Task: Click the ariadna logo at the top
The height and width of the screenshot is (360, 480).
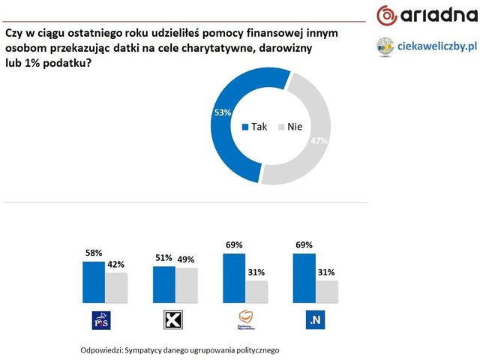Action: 423,15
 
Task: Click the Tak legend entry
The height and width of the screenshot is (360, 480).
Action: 255,127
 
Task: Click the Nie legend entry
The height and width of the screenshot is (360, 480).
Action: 289,127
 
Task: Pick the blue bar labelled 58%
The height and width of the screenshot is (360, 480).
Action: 94,280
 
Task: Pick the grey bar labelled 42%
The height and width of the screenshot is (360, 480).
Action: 116,286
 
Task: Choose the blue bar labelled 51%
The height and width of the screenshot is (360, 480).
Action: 164,283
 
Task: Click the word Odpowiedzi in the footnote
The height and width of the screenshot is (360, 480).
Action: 102,350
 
